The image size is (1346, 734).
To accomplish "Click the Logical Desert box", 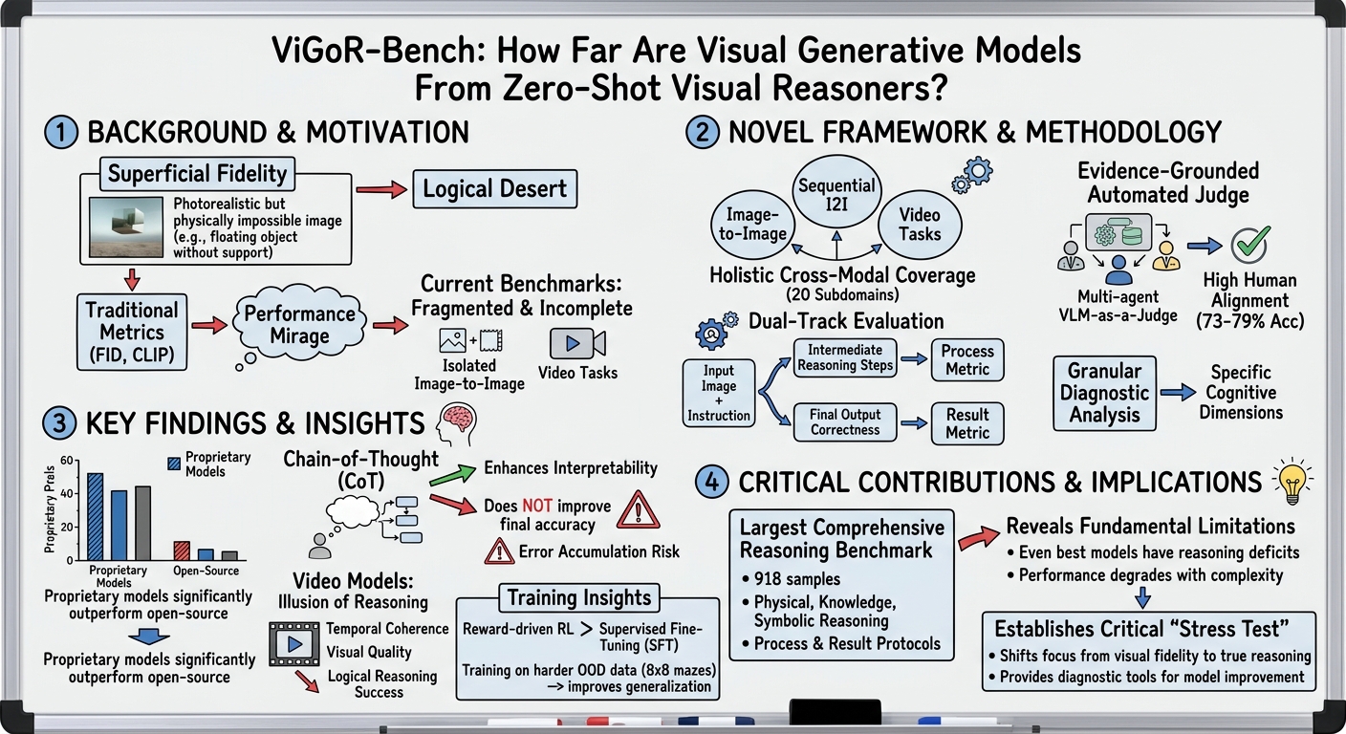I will point(494,188).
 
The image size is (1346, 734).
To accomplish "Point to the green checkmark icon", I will point(1248,245).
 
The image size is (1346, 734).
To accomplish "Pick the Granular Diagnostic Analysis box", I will point(1101,392).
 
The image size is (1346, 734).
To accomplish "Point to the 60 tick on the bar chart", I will point(67,461).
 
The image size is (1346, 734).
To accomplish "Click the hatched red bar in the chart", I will point(181,550).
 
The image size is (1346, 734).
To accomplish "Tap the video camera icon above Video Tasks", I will point(576,343).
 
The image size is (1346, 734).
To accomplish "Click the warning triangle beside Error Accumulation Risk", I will point(499,550).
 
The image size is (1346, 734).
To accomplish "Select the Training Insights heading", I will point(579,598).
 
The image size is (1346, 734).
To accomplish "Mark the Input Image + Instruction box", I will point(718,393).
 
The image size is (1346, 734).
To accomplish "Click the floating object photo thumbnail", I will point(126,226).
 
